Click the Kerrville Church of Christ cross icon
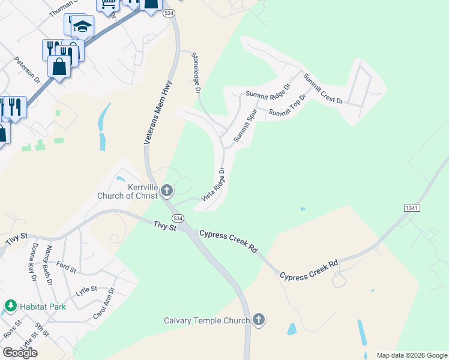(167, 191)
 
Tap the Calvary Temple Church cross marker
(259, 320)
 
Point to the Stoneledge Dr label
(195, 73)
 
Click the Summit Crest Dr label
(322, 88)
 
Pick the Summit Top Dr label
(288, 106)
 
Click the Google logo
(20, 352)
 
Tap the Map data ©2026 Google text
(411, 355)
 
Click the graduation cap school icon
(82, 26)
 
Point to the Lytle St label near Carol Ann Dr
(86, 289)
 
